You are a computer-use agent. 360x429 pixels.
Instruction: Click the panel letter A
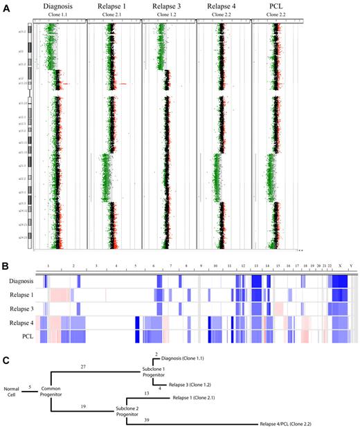[x=8, y=6]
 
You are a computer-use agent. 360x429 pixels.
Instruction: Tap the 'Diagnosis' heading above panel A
[x=59, y=6]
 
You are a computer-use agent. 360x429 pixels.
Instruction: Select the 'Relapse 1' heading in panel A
[x=113, y=6]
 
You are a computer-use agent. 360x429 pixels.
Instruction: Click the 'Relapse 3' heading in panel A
[x=168, y=6]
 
